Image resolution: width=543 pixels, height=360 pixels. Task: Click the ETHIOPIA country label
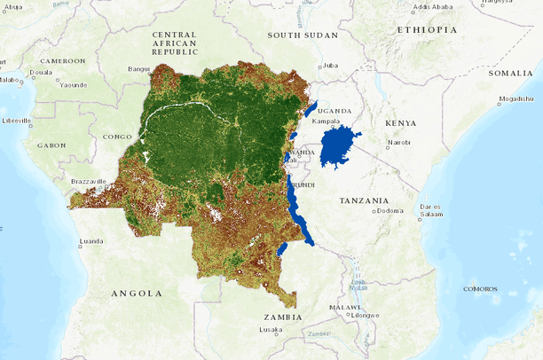(x=428, y=29)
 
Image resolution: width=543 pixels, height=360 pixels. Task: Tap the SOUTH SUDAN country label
(x=303, y=35)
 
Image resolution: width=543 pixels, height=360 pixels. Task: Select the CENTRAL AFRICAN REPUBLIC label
(x=174, y=43)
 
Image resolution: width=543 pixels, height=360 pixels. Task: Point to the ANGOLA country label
(x=137, y=293)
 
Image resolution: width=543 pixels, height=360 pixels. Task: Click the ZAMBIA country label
(x=282, y=317)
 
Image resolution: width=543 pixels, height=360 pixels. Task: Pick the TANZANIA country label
(x=364, y=200)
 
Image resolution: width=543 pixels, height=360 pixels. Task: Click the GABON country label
(x=51, y=145)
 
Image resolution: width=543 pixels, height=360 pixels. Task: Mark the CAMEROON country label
(x=62, y=61)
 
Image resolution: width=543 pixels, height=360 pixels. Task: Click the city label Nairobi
(x=398, y=142)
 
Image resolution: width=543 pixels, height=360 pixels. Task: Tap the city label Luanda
(x=91, y=240)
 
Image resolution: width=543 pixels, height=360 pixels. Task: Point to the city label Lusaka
(x=271, y=329)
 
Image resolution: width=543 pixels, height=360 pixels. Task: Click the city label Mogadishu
(x=515, y=98)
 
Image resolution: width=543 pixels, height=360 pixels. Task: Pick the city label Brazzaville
(x=88, y=181)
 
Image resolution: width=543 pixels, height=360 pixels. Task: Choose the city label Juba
(x=331, y=65)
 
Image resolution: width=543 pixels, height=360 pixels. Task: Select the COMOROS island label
(x=480, y=288)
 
